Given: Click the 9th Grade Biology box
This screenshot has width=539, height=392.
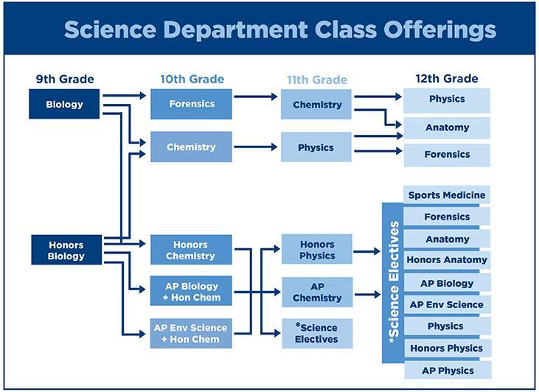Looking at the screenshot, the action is [64, 104].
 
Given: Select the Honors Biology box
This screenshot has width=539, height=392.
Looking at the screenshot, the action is [66, 250].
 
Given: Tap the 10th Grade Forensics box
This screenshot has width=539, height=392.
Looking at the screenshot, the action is [191, 104].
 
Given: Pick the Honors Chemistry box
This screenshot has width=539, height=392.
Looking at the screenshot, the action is [191, 250].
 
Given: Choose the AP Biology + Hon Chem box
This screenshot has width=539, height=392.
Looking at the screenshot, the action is [191, 291].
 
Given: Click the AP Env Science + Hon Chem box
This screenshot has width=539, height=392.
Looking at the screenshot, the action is [191, 333].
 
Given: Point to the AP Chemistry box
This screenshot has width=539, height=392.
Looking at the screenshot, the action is [317, 292].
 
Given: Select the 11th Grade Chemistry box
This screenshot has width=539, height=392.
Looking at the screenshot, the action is [316, 105].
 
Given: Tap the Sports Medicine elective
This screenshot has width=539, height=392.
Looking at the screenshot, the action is [447, 195].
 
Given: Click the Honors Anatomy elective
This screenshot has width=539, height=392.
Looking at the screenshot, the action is [447, 259].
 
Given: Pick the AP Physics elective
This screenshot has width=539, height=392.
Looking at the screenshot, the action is [448, 371].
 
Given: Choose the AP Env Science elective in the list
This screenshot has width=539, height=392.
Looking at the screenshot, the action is [447, 304].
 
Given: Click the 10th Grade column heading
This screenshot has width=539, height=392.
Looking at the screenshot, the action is [192, 79].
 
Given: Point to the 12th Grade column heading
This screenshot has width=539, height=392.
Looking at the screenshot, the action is [447, 79].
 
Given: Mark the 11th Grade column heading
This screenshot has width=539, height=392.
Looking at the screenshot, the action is [317, 80].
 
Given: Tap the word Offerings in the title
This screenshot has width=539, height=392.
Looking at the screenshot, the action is [439, 29].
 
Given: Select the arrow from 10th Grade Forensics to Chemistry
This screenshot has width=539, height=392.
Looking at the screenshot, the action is [255, 97].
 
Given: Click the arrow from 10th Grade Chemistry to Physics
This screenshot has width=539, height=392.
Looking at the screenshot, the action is [255, 147].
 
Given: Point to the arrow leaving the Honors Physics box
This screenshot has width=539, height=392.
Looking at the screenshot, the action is [366, 251].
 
